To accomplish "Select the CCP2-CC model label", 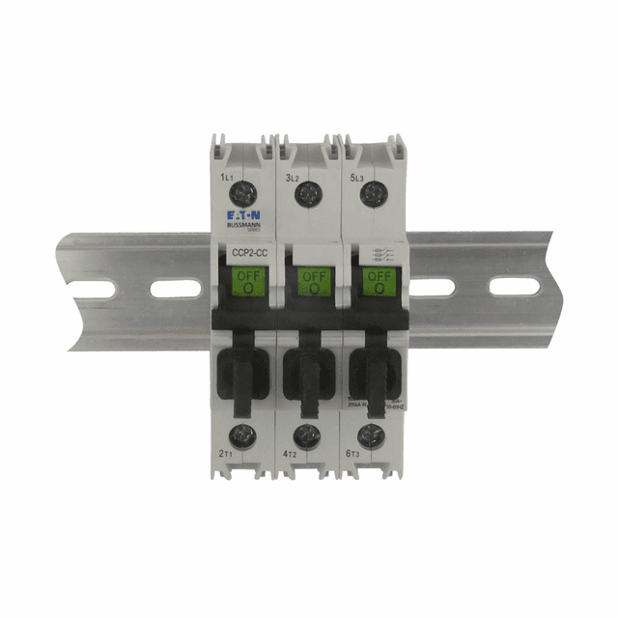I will click(242, 255).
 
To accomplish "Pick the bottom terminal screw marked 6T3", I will click(368, 434).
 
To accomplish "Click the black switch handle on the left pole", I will click(243, 372).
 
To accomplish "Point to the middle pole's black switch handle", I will click(311, 372).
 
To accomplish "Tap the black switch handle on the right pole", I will click(375, 372).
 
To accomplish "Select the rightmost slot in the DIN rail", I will click(514, 286).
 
